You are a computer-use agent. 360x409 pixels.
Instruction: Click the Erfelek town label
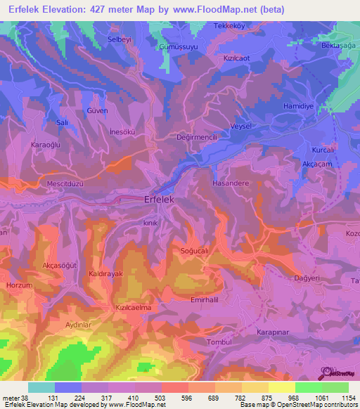tap(162, 200)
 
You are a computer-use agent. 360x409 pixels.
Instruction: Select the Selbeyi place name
tap(120, 39)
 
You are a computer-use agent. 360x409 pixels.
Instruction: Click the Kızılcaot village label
tap(238, 58)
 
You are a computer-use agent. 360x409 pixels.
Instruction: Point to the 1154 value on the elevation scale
tap(347, 397)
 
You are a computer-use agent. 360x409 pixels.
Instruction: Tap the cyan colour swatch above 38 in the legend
tap(41, 387)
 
